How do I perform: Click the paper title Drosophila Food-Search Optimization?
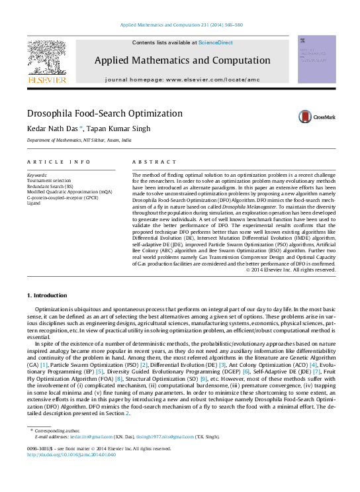[105, 113]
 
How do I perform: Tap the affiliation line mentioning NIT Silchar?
[79, 141]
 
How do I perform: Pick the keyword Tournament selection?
[48, 180]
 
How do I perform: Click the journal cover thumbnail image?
[316, 60]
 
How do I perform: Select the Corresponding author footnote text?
[58, 431]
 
